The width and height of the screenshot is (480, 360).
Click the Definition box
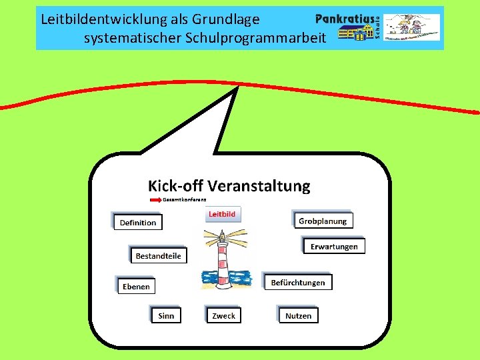pyautogui.click(x=138, y=223)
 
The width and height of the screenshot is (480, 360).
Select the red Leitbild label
pyautogui.click(x=222, y=215)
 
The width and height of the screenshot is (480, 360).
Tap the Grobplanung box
pyautogui.click(x=323, y=221)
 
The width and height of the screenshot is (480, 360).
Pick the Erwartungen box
pyautogui.click(x=334, y=247)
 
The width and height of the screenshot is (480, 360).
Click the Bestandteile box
pyautogui.click(x=158, y=256)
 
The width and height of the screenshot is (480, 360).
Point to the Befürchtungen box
pyautogui.click(x=298, y=283)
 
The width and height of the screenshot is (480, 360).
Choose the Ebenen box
pyautogui.click(x=136, y=287)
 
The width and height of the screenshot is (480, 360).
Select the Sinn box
pyautogui.click(x=166, y=315)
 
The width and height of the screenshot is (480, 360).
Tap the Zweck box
pyautogui.click(x=223, y=315)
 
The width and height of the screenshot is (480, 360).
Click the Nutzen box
pyautogui.click(x=298, y=315)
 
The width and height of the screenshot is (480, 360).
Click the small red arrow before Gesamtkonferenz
pyautogui.click(x=155, y=199)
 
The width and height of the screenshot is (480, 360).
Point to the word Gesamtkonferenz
pyautogui.click(x=185, y=199)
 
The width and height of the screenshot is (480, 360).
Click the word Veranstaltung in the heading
pyautogui.click(x=259, y=186)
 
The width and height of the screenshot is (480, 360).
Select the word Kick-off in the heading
pyautogui.click(x=175, y=186)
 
